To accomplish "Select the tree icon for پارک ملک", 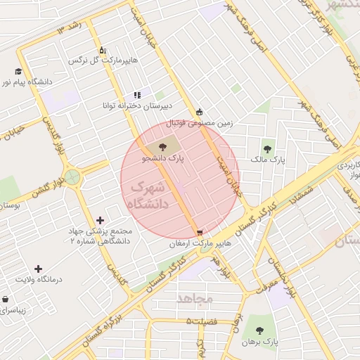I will click(x=267, y=148).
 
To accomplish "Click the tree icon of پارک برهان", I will click(x=259, y=329).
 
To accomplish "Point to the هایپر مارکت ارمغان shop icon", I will click(x=201, y=232).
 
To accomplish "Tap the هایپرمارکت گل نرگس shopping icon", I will click(x=103, y=49).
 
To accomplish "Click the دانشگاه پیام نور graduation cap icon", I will click(x=18, y=70).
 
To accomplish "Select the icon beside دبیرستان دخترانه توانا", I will click(x=137, y=95).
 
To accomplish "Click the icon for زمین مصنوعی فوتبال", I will click(x=200, y=111).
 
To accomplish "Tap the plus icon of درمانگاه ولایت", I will click(x=38, y=268).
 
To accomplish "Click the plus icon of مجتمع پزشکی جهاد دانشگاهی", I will click(x=100, y=220).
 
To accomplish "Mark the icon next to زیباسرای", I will click(x=6, y=298).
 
